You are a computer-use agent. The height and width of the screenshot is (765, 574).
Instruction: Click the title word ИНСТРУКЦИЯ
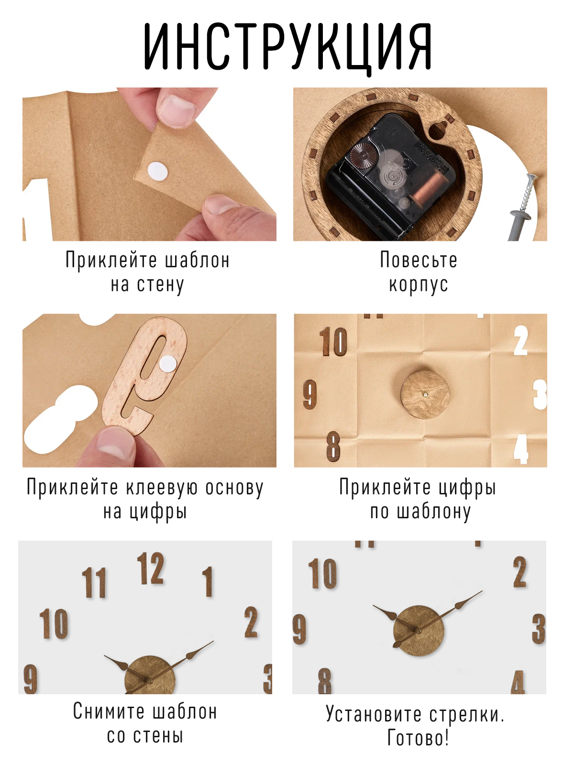pyautogui.click(x=287, y=47)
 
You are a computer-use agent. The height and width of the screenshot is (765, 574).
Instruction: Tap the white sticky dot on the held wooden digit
pyautogui.click(x=168, y=363)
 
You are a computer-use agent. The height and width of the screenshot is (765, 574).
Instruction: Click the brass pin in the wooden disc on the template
pyautogui.click(x=425, y=394)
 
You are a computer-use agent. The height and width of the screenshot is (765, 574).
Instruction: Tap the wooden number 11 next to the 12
pyautogui.click(x=94, y=582)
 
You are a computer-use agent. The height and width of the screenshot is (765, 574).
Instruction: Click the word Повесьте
pyautogui.click(x=419, y=260)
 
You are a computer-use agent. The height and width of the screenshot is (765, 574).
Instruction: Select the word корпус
pyautogui.click(x=419, y=285)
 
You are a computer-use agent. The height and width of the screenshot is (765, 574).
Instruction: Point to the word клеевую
pyautogui.click(x=161, y=487)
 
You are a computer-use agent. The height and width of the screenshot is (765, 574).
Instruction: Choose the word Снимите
pyautogui.click(x=109, y=711)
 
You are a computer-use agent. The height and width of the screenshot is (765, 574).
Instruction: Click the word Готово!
pyautogui.click(x=418, y=737)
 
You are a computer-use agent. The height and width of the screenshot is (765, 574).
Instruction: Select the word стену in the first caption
pyautogui.click(x=160, y=285)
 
